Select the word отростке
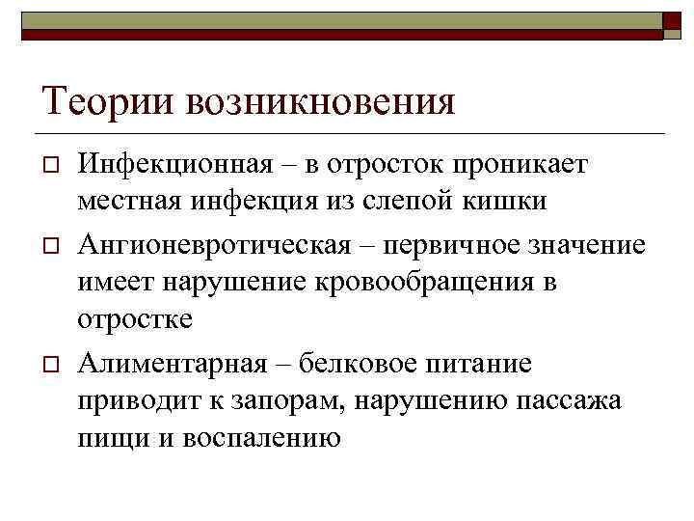[x=135, y=318]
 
